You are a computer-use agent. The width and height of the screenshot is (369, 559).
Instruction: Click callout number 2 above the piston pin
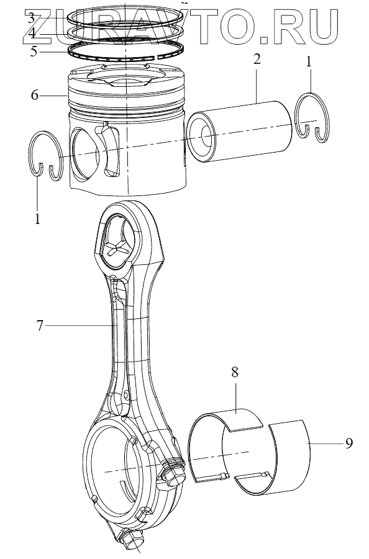(257, 60)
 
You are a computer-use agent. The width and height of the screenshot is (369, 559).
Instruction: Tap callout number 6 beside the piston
(34, 95)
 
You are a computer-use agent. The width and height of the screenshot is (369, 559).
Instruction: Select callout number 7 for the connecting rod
(39, 325)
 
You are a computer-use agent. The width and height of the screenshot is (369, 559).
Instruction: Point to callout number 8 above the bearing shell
(234, 372)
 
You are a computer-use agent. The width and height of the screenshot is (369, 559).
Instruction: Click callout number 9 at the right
(348, 443)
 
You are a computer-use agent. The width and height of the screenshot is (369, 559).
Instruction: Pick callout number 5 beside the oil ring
(33, 51)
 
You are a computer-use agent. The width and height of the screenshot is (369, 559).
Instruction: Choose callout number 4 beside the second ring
(32, 34)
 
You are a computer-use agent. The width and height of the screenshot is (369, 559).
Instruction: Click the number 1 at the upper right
(309, 62)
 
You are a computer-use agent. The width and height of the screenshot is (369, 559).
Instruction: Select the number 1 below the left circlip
(37, 218)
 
